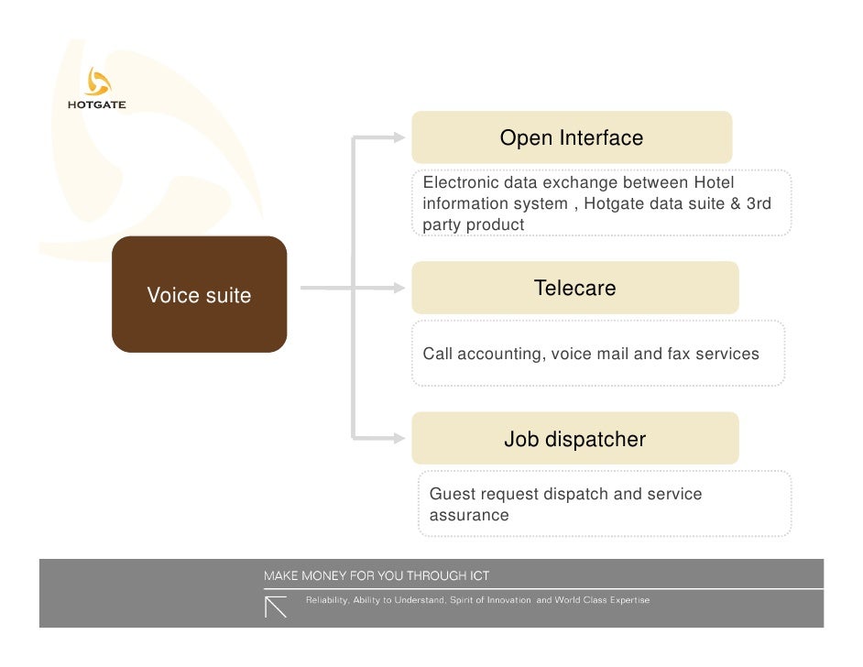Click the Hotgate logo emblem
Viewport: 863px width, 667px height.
click(96, 82)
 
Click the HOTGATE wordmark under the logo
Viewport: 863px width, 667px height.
click(96, 104)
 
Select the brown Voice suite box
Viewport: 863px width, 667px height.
click(199, 295)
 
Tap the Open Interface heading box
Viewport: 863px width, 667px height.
click(572, 137)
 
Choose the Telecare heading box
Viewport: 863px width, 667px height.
click(574, 288)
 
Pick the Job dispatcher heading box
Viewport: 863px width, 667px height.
click(574, 439)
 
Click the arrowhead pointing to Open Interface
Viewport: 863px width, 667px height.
click(398, 138)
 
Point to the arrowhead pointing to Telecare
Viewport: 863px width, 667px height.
click(398, 289)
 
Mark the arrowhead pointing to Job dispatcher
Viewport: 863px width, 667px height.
click(398, 438)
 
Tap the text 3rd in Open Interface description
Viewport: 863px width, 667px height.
click(759, 203)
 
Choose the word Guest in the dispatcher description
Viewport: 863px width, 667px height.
click(453, 494)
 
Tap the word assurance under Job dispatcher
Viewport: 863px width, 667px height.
click(469, 515)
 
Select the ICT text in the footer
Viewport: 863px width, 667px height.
click(478, 576)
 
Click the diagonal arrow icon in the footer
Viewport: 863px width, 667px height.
click(276, 607)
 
